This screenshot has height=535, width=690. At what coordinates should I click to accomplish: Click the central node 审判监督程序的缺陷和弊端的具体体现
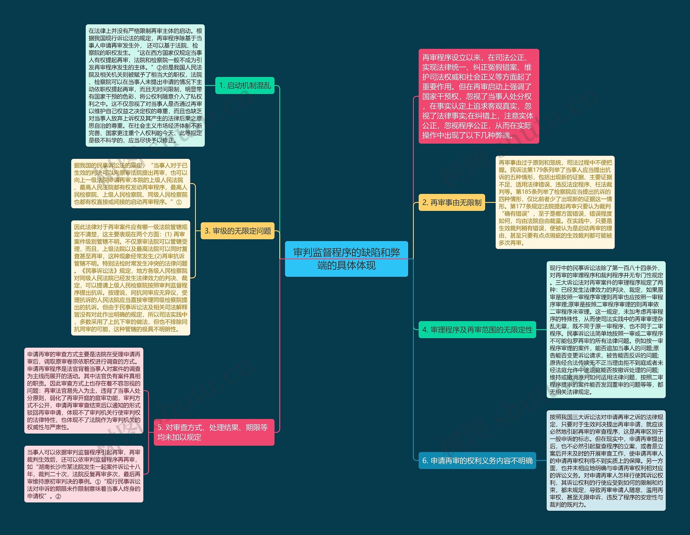pyautogui.click(x=346, y=259)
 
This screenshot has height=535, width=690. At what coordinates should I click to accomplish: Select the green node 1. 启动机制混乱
pyautogui.click(x=245, y=85)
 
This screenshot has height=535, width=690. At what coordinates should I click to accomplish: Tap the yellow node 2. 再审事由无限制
pyautogui.click(x=451, y=202)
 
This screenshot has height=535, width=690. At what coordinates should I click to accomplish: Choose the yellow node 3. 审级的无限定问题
pyautogui.click(x=237, y=231)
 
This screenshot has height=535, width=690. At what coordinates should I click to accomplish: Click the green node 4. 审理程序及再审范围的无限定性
pyautogui.click(x=477, y=330)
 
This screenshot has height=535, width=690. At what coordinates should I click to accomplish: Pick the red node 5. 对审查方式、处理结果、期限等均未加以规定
pyautogui.click(x=214, y=432)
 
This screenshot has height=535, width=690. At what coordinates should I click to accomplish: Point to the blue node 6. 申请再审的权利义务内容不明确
pyautogui.click(x=477, y=461)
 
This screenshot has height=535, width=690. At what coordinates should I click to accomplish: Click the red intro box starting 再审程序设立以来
pyautogui.click(x=479, y=96)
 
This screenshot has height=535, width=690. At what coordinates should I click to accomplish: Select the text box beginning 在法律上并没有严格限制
pyautogui.click(x=145, y=85)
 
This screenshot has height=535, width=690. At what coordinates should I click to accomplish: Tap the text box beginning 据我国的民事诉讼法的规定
pyautogui.click(x=130, y=183)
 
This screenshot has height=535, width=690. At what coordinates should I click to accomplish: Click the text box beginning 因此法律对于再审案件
pyautogui.click(x=130, y=278)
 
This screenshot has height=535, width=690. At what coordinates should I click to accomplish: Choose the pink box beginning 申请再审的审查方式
pyautogui.click(x=84, y=390)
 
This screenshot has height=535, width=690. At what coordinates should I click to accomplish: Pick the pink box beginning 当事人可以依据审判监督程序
pyautogui.click(x=84, y=474)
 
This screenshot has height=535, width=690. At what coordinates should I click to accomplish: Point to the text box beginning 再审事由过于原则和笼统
pyautogui.click(x=555, y=202)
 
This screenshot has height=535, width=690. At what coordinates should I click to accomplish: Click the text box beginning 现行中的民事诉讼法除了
pyautogui.click(x=606, y=330)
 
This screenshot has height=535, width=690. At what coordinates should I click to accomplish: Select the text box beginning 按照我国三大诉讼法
pyautogui.click(x=606, y=461)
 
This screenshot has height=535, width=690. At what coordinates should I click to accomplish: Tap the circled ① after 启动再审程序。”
pyautogui.click(x=179, y=202)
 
